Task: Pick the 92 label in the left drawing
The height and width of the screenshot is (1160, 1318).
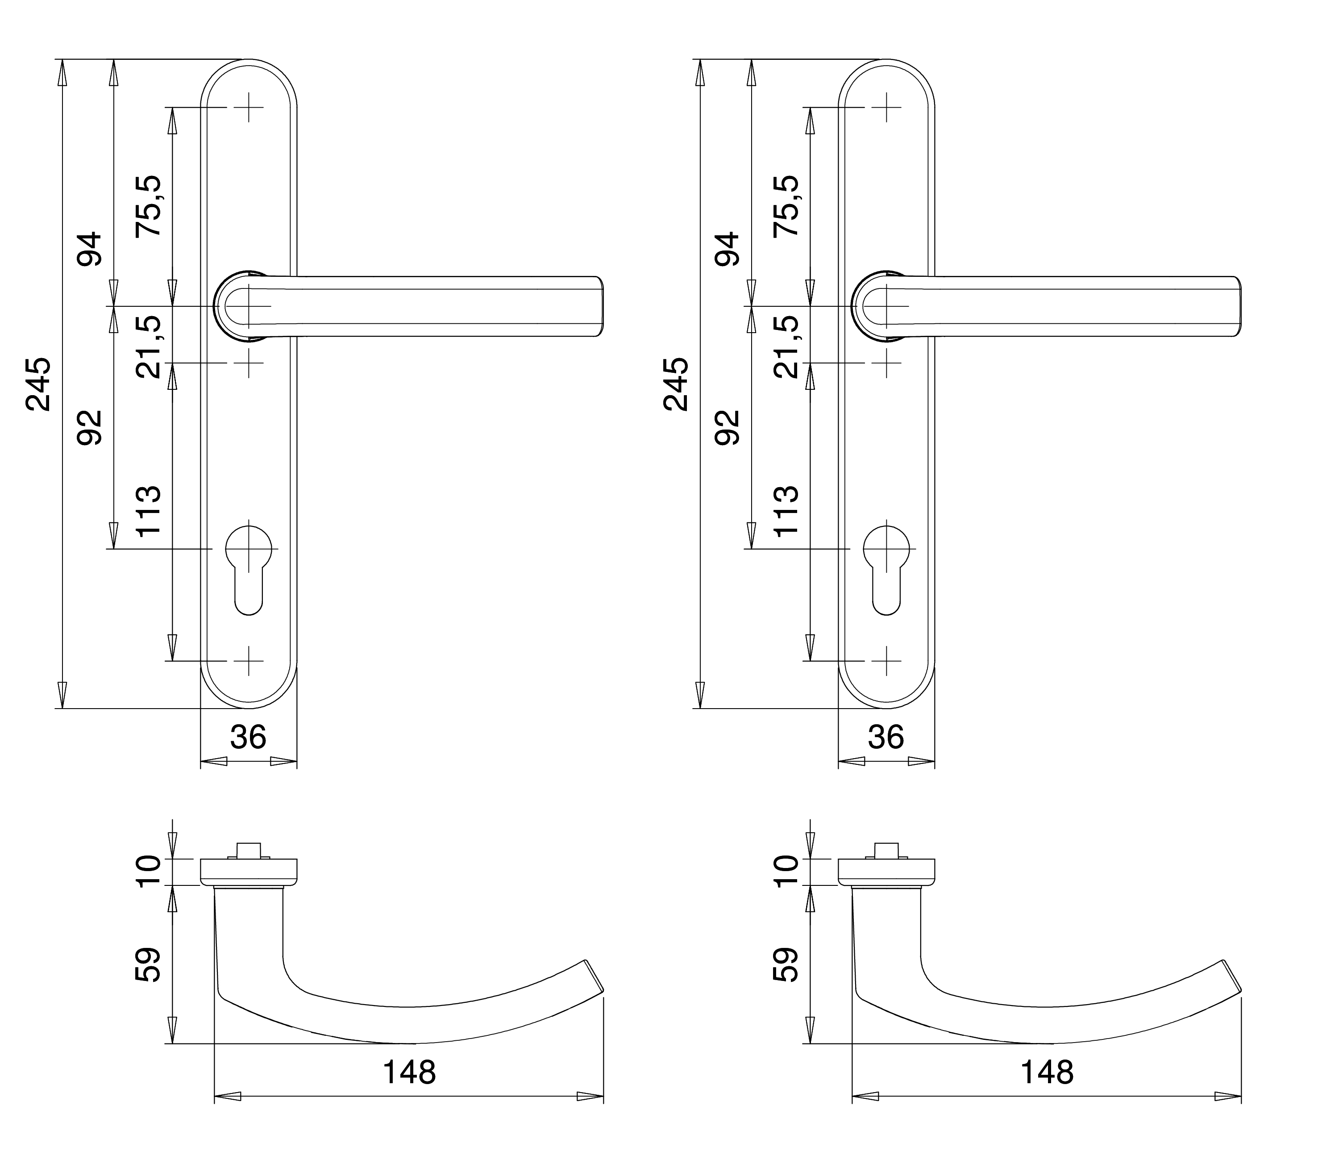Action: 90,428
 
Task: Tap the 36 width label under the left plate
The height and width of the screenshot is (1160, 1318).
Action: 248,738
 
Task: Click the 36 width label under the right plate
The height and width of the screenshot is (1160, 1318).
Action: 886,738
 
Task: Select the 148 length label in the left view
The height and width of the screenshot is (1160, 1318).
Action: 409,1072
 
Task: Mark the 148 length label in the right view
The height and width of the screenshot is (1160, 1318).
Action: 1047,1072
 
